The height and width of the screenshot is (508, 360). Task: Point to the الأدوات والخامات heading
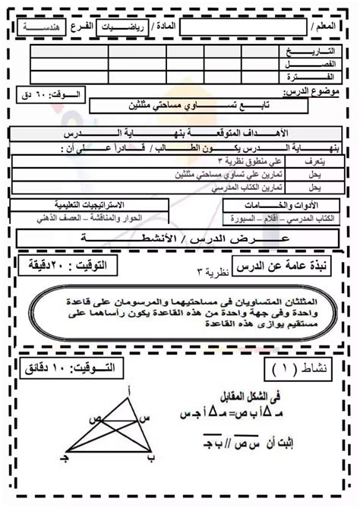(314, 206)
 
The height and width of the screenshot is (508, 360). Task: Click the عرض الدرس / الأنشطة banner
(179, 238)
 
